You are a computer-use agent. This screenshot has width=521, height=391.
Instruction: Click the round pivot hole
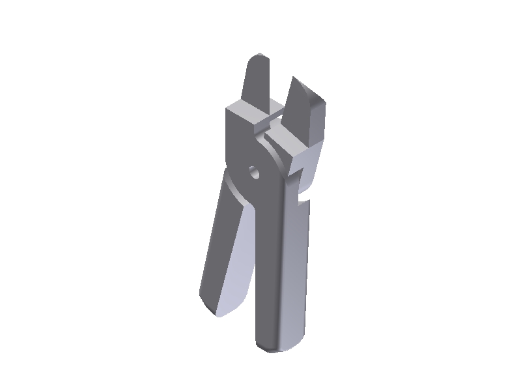coord(253,173)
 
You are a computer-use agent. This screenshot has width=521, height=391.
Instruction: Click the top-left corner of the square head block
coord(227,108)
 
